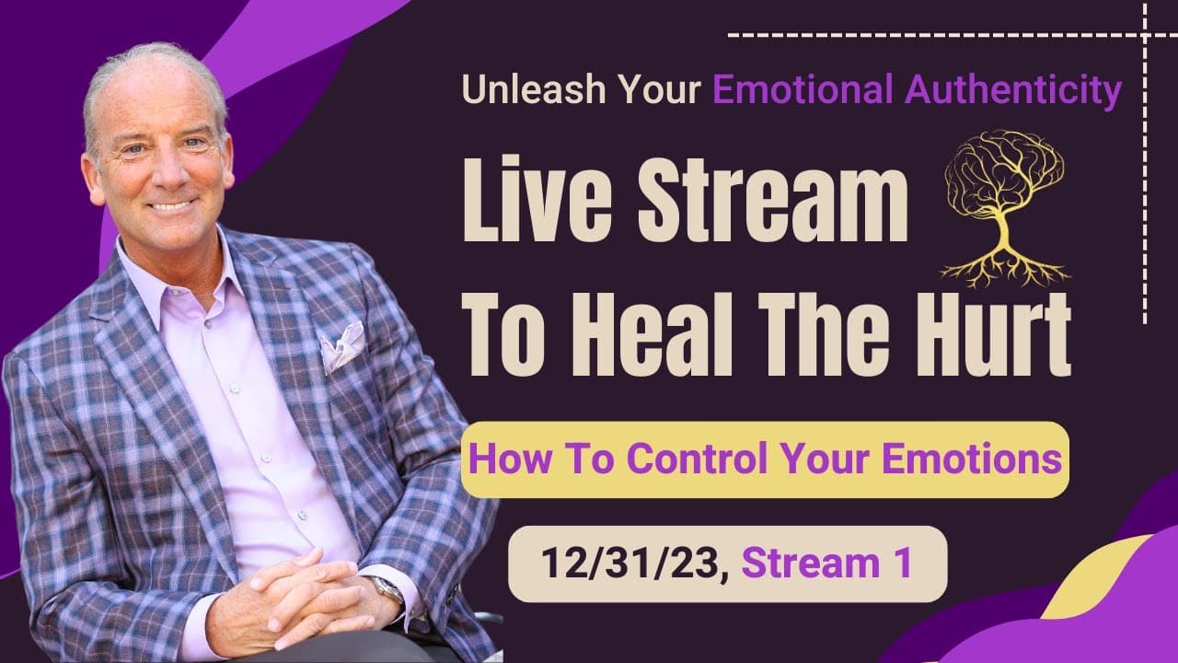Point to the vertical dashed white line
(x=1144, y=184)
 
